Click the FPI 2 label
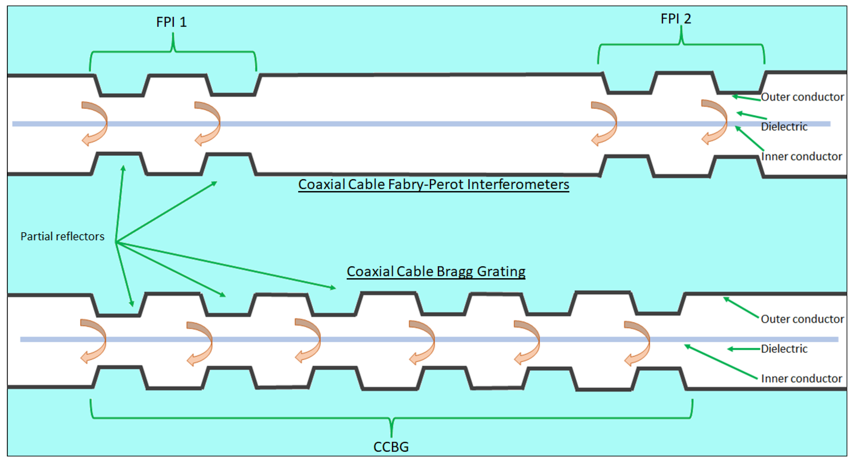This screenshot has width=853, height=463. coord(676,19)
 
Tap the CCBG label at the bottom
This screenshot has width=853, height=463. coord(391,447)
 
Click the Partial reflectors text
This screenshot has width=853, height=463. coord(62,236)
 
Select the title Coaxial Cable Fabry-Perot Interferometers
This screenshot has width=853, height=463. coord(434,185)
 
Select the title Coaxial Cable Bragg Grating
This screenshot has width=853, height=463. coord(436,271)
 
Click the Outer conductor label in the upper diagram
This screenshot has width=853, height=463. coord(802,97)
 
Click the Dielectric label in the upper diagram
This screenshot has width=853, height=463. coord(784,127)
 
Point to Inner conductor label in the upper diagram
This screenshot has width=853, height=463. coord(801,156)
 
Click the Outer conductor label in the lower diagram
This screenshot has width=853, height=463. coord(802,319)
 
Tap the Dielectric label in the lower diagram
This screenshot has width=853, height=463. coord(784,349)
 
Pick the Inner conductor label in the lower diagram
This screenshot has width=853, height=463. coord(801,379)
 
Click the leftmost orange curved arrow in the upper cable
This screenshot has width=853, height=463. coord(95,123)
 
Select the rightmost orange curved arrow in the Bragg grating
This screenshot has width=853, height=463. coord(638,343)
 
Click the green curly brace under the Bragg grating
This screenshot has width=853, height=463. coord(391,418)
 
